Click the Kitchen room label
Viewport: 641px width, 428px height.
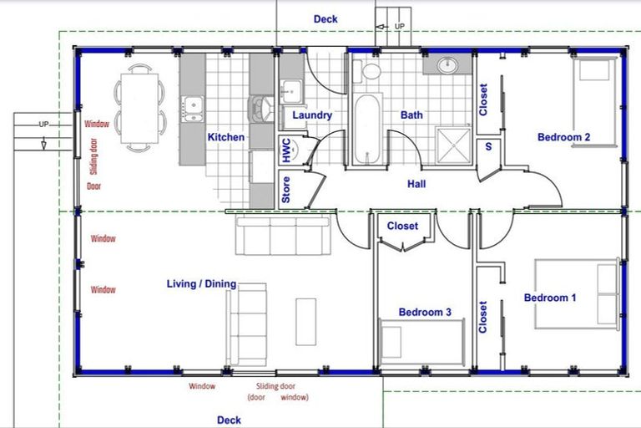225,136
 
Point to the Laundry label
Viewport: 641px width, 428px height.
312,115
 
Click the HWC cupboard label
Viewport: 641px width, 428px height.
286,150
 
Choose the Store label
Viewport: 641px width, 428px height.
286,190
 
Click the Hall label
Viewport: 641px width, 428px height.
417,183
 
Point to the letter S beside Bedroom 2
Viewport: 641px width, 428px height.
488,148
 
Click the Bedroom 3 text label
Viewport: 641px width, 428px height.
425,312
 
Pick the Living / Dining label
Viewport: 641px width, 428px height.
201,284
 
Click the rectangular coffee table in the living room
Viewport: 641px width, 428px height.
305,322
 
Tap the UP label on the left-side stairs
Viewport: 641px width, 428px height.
44,125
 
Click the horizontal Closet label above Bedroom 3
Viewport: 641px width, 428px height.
402,226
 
